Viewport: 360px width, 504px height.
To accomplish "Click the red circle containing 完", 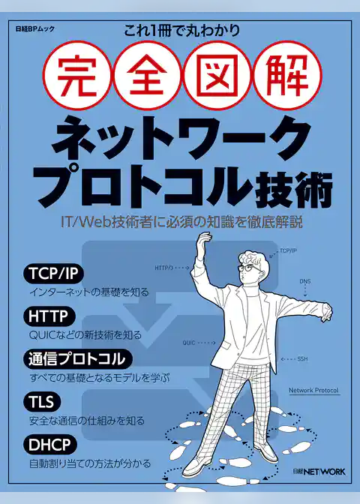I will [76, 76].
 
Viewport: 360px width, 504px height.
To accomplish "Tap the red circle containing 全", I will [146, 76].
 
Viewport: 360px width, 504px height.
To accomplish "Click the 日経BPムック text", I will [33, 33].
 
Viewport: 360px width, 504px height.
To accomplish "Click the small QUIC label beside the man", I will [190, 343].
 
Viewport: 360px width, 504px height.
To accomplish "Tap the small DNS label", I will [305, 282].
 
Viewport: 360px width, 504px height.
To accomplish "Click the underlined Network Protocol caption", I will [313, 391].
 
